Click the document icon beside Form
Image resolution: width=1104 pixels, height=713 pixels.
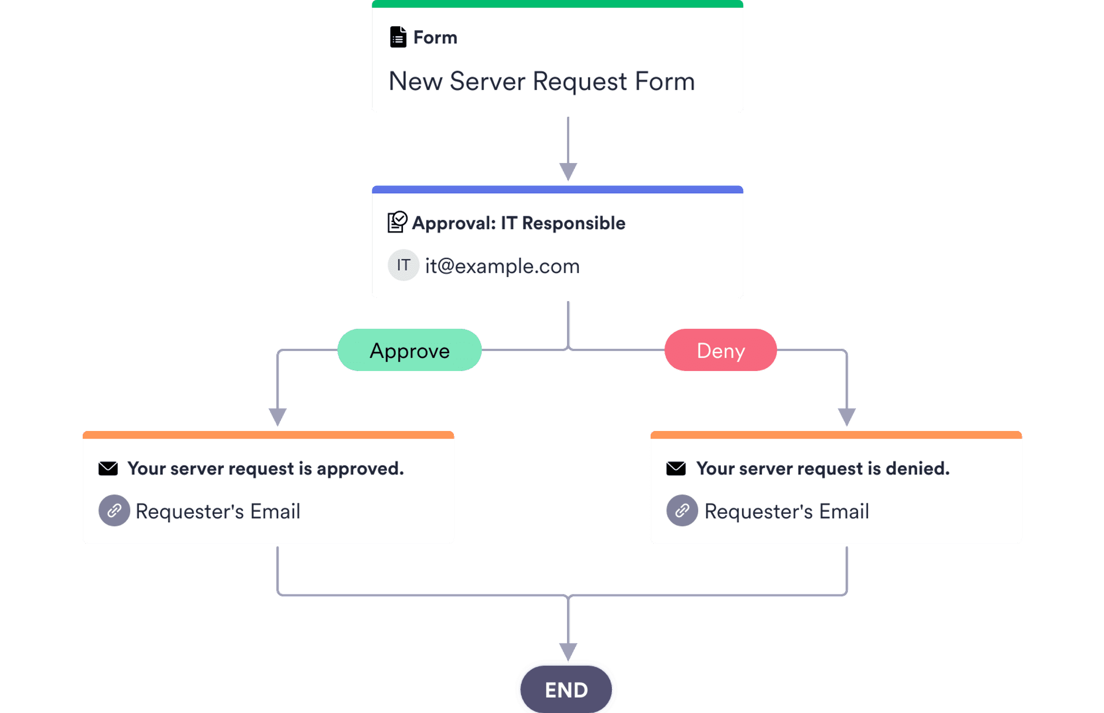pyautogui.click(x=398, y=37)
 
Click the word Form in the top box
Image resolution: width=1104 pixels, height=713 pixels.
pyautogui.click(x=435, y=38)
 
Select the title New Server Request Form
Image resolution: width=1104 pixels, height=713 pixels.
pyautogui.click(x=542, y=81)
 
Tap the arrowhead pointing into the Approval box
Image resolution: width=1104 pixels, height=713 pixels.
pyautogui.click(x=568, y=171)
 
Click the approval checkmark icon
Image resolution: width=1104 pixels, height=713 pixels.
pyautogui.click(x=397, y=222)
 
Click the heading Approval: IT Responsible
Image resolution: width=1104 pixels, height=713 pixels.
pyautogui.click(x=518, y=223)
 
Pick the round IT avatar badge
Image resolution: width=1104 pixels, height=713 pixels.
pyautogui.click(x=403, y=265)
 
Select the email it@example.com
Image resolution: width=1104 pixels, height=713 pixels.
pyautogui.click(x=502, y=266)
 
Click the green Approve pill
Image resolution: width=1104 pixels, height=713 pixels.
pyautogui.click(x=409, y=351)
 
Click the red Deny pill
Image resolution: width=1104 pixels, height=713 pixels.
pyautogui.click(x=721, y=351)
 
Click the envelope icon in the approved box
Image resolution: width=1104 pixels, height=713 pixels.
pyautogui.click(x=108, y=469)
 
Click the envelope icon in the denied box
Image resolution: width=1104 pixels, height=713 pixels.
pyautogui.click(x=676, y=469)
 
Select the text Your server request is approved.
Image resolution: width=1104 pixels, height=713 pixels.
pyautogui.click(x=265, y=469)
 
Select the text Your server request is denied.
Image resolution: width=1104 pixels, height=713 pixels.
pyautogui.click(x=822, y=469)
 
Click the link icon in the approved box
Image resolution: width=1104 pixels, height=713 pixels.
pyautogui.click(x=114, y=510)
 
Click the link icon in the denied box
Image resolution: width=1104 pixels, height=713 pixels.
pyautogui.click(x=681, y=510)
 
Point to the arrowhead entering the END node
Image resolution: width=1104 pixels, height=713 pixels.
pyautogui.click(x=568, y=651)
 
